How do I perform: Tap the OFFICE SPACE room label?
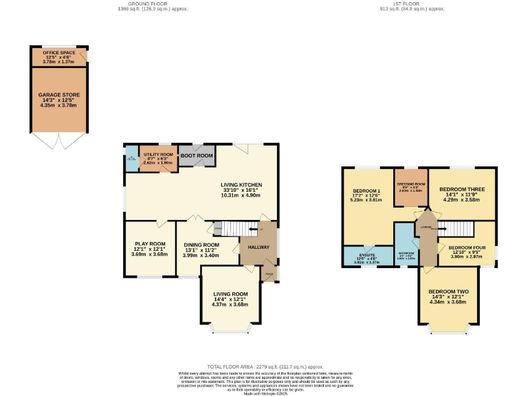pyautogui.click(x=59, y=52)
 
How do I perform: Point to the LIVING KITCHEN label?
pyautogui.click(x=241, y=184)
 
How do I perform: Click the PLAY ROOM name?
pyautogui.click(x=149, y=243)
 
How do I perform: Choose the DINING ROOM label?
pyautogui.click(x=201, y=245)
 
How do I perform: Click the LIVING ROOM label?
pyautogui.click(x=230, y=294)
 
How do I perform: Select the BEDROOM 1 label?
pyautogui.click(x=366, y=191)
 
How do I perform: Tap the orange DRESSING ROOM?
pyautogui.click(x=410, y=186)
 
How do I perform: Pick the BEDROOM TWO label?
pyautogui.click(x=448, y=291)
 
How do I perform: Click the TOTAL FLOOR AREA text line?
pyautogui.click(x=264, y=367)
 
